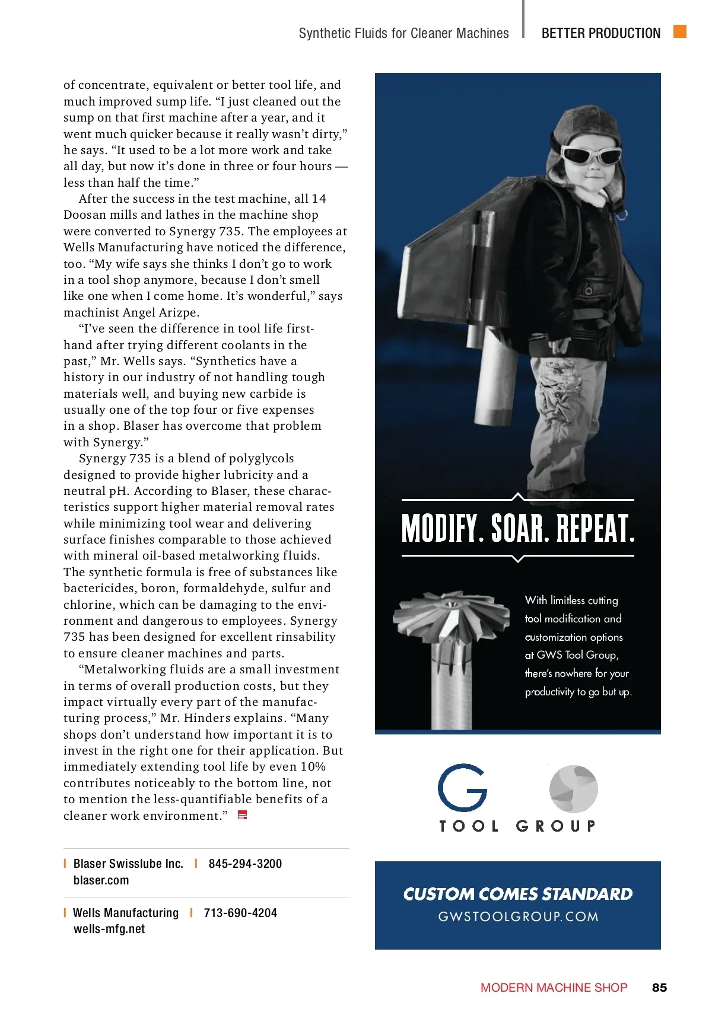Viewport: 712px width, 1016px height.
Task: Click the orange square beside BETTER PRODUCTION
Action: pyautogui.click(x=680, y=31)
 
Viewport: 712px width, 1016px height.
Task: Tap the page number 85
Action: pyautogui.click(x=659, y=988)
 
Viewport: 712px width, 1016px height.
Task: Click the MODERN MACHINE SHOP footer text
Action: pyautogui.click(x=554, y=988)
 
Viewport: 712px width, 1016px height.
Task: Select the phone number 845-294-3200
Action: pyautogui.click(x=245, y=864)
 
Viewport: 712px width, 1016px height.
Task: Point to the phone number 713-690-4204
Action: pyautogui.click(x=240, y=913)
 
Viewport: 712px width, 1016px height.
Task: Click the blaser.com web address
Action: pyautogui.click(x=101, y=880)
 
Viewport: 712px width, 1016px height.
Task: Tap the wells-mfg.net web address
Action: pyautogui.click(x=109, y=929)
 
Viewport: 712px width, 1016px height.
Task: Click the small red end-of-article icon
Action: pyautogui.click(x=242, y=816)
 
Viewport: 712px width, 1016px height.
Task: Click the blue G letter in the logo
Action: pyautogui.click(x=462, y=788)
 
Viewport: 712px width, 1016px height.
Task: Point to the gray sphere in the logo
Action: pyautogui.click(x=573, y=789)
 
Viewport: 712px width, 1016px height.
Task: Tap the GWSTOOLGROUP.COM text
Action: pyautogui.click(x=518, y=916)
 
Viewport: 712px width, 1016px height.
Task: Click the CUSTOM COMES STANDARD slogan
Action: pyautogui.click(x=518, y=894)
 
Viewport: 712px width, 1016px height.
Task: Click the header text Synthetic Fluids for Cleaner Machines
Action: pyautogui.click(x=403, y=33)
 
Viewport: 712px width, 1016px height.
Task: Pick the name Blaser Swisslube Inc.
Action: pyautogui.click(x=128, y=864)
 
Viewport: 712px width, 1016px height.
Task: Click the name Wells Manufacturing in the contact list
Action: pyautogui.click(x=126, y=913)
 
